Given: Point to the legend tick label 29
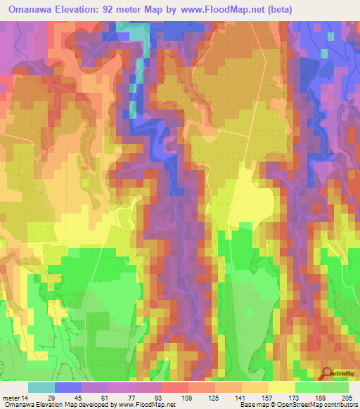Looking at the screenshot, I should [51, 397].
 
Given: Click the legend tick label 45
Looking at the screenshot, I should [78, 397].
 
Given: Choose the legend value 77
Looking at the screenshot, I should [131, 397].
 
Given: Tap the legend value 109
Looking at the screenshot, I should [184, 397].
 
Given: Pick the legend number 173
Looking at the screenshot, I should [292, 397].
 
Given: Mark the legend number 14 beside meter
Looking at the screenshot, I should [25, 397].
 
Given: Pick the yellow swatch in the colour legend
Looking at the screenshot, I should [282, 387].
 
